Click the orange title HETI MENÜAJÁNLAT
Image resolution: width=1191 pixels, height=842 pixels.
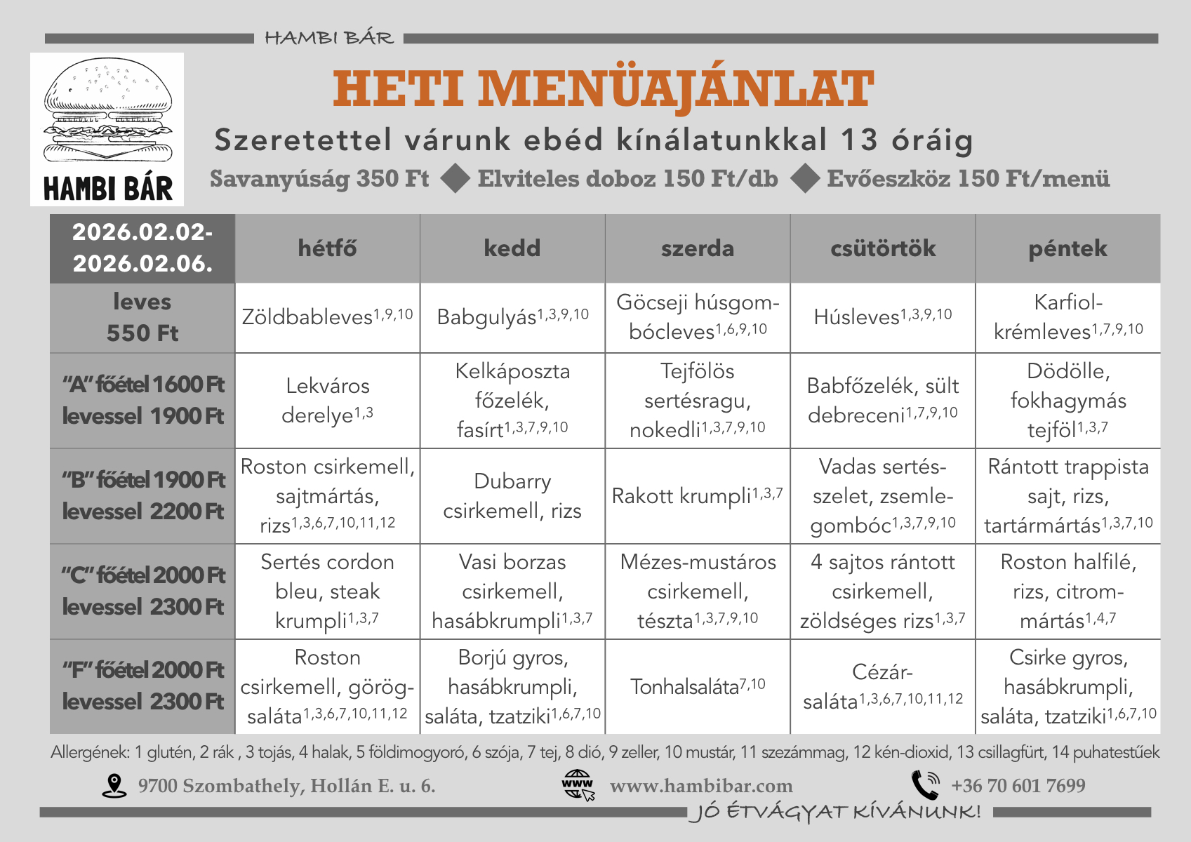(x=603, y=89)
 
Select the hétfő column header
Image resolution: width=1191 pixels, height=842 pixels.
(x=327, y=248)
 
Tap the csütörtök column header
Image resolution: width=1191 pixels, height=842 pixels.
(x=883, y=248)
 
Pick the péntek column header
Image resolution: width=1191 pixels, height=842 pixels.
(x=1067, y=248)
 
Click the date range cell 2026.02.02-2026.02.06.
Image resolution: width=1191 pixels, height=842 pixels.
(x=142, y=248)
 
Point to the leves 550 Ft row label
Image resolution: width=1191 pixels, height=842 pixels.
(x=142, y=317)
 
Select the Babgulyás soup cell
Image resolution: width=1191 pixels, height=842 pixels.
(x=512, y=317)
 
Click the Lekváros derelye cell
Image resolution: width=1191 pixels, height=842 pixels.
(x=327, y=400)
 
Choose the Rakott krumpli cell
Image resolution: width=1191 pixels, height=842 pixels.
(x=697, y=496)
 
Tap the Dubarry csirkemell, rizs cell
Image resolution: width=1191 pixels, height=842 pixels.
(x=512, y=496)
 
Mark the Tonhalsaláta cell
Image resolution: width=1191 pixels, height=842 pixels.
(x=697, y=686)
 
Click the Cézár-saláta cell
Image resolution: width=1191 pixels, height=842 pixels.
(x=883, y=686)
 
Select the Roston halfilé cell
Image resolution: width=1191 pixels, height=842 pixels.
(x=1067, y=592)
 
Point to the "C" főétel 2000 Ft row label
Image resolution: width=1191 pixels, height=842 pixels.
(x=142, y=592)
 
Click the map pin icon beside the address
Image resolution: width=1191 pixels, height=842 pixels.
(x=114, y=786)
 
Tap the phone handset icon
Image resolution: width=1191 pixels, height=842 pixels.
(x=926, y=785)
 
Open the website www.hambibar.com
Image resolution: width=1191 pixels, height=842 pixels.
(x=700, y=786)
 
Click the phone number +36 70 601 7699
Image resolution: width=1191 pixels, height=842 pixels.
(x=1018, y=786)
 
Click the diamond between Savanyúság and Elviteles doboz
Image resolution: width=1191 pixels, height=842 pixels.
(x=455, y=178)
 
